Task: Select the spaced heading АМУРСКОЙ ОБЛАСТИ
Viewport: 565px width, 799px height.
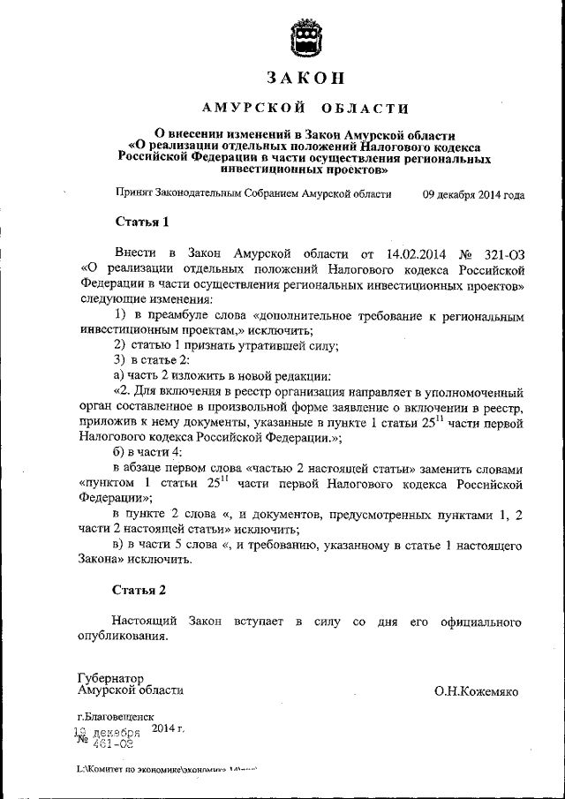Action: tap(305, 109)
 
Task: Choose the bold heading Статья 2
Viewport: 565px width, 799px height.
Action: tap(139, 591)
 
